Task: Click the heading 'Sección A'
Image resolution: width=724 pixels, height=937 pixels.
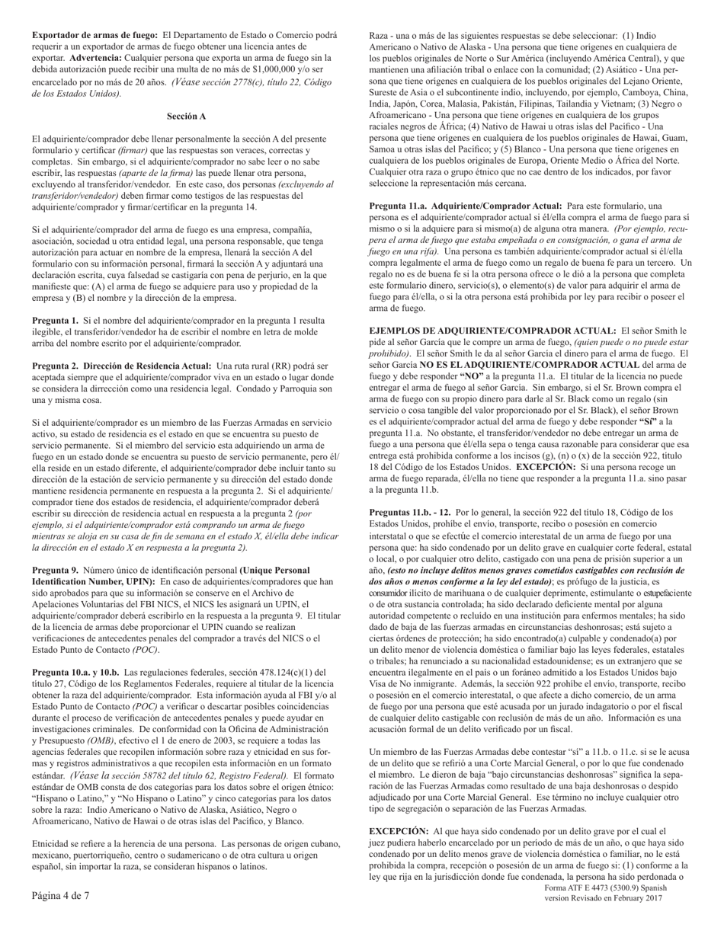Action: click(x=186, y=117)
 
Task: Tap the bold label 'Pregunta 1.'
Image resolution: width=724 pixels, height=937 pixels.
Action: click(x=55, y=321)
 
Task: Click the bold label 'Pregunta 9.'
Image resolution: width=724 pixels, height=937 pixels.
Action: click(x=55, y=570)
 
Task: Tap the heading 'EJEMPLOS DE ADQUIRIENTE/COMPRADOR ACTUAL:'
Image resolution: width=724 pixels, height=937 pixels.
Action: click(x=492, y=331)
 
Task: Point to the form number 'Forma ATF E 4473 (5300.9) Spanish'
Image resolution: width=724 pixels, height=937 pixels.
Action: click(x=606, y=887)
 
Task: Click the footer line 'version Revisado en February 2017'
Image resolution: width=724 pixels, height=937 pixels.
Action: click(x=604, y=898)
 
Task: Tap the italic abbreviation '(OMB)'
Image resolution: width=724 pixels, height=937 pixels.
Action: click(x=102, y=740)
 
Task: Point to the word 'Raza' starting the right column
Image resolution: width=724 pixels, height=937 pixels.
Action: click(x=380, y=35)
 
